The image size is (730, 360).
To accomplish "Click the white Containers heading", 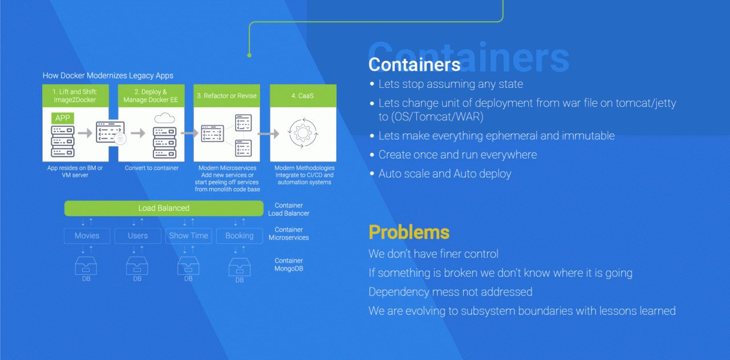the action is coord(414,64).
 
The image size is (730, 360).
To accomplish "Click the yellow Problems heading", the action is coord(409,232).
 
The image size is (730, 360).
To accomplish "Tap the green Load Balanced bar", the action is coord(164,208).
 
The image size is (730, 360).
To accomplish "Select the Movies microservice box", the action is coord(87,236).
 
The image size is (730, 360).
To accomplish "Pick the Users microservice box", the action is coord(138,236).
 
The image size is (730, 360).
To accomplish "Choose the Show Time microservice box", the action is coord(189,236).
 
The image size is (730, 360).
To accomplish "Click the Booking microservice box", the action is coord(240,236).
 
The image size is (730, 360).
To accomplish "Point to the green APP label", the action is coord(63,118).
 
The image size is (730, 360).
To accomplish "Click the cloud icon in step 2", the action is coord(165,118).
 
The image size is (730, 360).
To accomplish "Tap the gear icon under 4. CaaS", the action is coord(303,133).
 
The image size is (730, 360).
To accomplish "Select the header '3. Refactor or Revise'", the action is coord(227,95).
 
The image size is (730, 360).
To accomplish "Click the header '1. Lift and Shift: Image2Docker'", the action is coord(76,95).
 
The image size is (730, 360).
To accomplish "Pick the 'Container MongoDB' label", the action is coord(289,265).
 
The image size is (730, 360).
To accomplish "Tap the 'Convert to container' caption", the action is coord(152,168).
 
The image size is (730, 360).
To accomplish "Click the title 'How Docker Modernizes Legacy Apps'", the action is coord(108,76).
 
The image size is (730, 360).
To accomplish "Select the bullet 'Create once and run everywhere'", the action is coord(457,155).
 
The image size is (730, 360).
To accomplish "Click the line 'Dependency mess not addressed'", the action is coord(451,292).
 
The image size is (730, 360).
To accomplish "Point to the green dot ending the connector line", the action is coord(249,55).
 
